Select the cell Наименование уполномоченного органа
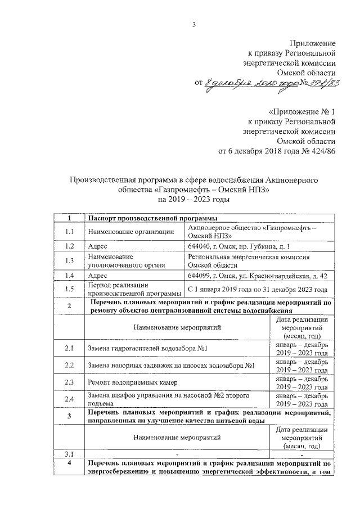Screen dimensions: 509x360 click(118, 260)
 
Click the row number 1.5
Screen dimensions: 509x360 click(69, 289)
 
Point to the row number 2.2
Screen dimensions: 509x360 click(69, 366)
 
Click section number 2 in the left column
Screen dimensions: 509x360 click(69, 307)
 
